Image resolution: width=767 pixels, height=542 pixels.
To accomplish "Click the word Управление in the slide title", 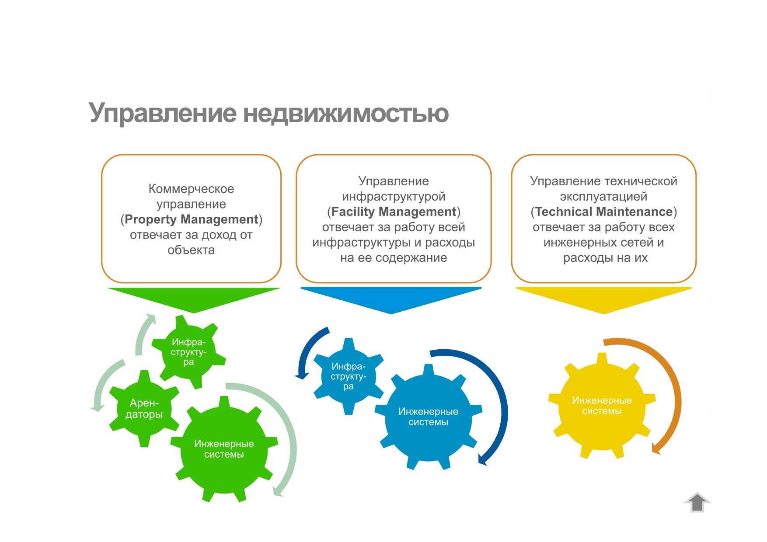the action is [162, 113].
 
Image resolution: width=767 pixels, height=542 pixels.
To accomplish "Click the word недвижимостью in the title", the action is [345, 113].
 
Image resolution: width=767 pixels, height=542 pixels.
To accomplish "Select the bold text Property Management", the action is [191, 219].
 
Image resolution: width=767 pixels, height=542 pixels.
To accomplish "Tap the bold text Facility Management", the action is [394, 212].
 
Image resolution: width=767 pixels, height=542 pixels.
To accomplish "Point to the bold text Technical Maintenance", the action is [603, 212].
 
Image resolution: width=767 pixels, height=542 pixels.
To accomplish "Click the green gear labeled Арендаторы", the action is [144, 409].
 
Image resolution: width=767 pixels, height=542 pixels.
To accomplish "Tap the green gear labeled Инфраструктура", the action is [188, 352].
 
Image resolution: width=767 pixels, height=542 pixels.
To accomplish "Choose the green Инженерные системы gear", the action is [224, 449].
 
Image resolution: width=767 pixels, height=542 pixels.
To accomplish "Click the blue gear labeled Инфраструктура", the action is [349, 376].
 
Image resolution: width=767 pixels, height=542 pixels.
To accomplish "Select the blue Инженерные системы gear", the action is [429, 417].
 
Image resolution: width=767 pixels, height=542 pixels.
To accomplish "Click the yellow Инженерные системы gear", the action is [602, 406].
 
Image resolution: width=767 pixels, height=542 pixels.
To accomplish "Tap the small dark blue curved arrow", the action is [303, 350].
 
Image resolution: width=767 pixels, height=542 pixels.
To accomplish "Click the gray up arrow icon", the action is [697, 502].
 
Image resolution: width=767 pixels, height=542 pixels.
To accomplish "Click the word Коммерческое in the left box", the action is [191, 189].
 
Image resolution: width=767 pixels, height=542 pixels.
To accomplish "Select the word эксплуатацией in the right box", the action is [603, 197].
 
